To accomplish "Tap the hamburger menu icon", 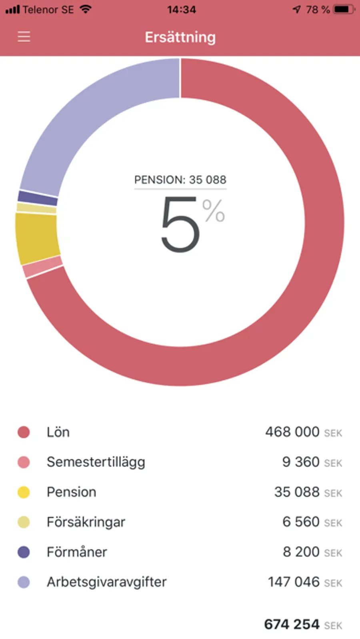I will [x=24, y=37].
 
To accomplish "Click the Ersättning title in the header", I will [x=180, y=37].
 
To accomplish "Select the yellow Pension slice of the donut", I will [x=37, y=238].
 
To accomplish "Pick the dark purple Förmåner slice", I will [x=38, y=198].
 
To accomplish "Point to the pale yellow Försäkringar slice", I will [x=36, y=208].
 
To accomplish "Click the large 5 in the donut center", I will [x=180, y=225].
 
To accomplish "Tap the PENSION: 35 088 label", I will [x=180, y=180].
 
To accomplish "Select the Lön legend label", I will [x=58, y=432].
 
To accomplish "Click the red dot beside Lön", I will [x=24, y=432].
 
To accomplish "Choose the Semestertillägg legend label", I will [x=96, y=462].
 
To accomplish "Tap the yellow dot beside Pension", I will [x=24, y=492].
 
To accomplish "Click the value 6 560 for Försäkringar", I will [x=301, y=522].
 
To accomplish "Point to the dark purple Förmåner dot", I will [x=24, y=552].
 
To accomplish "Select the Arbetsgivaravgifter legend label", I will [x=106, y=582].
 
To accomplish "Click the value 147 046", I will [x=294, y=582].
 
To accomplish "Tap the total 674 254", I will [x=292, y=624].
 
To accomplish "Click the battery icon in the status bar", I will [x=343, y=9].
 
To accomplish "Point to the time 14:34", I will [x=182, y=10].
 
